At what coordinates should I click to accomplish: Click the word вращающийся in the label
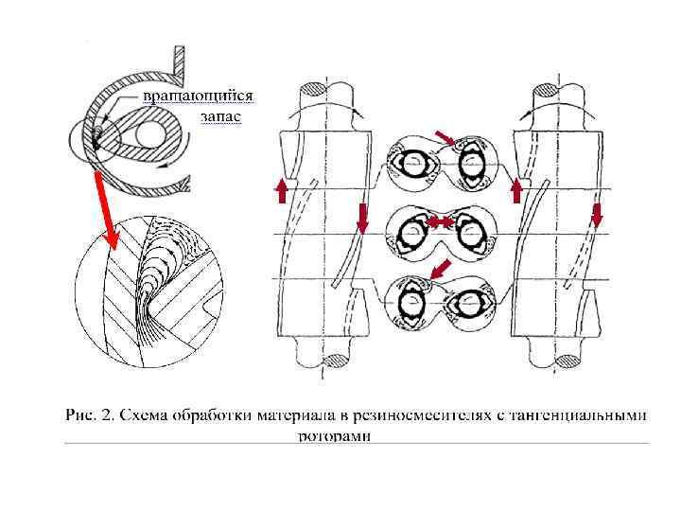point(198,97)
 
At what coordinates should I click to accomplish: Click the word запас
point(220,116)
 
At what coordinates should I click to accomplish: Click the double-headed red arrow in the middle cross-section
point(438,222)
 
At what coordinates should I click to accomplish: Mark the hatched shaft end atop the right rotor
point(547,91)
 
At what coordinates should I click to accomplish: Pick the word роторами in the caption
point(334,436)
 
